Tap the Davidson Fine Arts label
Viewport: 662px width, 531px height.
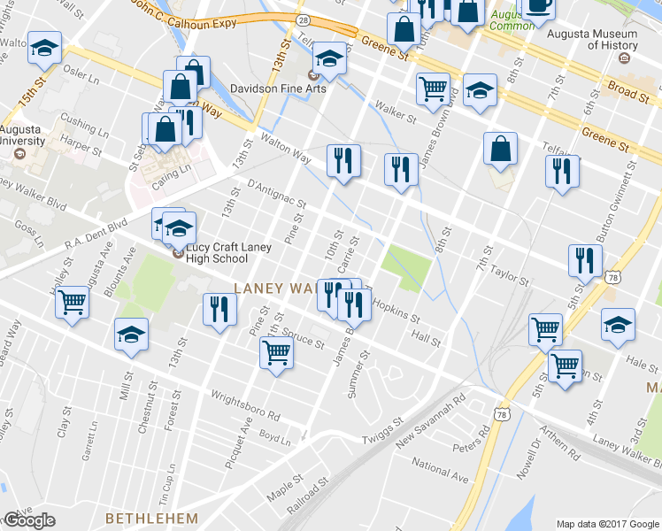pyautogui.click(x=278, y=88)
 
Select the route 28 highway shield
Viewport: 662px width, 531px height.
pyautogui.click(x=303, y=19)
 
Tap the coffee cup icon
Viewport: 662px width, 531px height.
pyautogui.click(x=538, y=7)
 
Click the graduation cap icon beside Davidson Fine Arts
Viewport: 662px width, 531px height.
pyautogui.click(x=330, y=61)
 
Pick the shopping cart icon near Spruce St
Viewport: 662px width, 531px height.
pyautogui.click(x=276, y=352)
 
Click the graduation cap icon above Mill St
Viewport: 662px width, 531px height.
pyautogui.click(x=131, y=335)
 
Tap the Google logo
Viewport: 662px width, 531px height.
pyautogui.click(x=28, y=520)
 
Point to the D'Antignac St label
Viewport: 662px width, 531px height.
pyautogui.click(x=276, y=195)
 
